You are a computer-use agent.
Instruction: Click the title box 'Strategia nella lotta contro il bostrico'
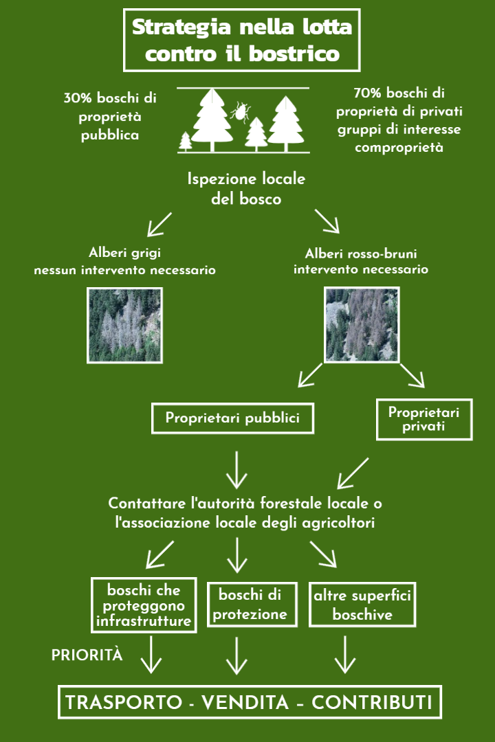241,40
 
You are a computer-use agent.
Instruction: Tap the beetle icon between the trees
239,113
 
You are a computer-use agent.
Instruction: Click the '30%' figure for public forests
77,98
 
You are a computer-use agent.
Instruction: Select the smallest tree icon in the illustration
186,142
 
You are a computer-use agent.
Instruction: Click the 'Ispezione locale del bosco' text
246,188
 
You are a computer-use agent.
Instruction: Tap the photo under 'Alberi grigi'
125,325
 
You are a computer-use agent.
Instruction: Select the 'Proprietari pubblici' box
232,418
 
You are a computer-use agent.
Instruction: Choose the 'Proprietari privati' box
423,419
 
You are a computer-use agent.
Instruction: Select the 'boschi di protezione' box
252,605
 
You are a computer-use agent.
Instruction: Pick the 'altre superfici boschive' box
362,605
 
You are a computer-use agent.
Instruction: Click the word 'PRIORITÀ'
87,655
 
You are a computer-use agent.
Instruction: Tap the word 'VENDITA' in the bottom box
245,703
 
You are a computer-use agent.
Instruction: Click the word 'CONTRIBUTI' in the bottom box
372,703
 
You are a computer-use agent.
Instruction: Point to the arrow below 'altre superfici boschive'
344,654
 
